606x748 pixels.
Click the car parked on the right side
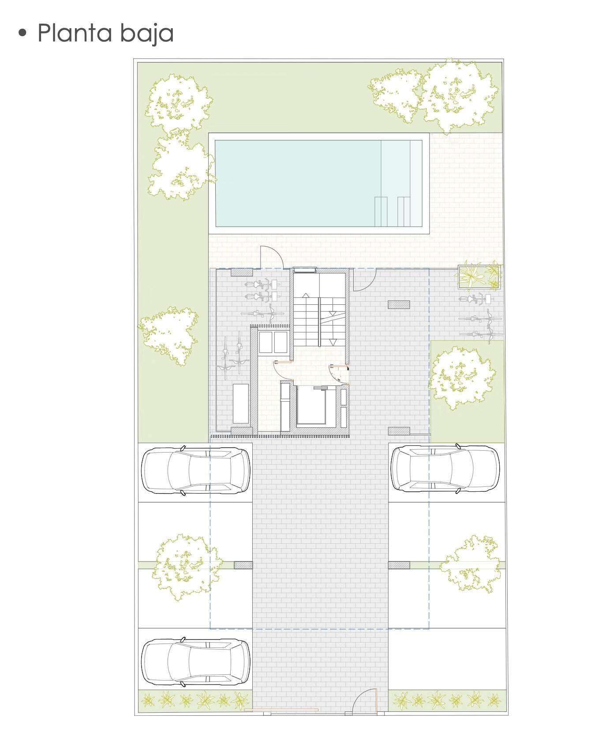[x=445, y=468]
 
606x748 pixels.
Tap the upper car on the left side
[x=195, y=470]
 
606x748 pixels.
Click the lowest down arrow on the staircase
[x=333, y=341]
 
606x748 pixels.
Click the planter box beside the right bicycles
[x=479, y=277]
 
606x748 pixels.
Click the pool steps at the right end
[x=393, y=211]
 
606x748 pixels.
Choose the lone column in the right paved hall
[x=399, y=304]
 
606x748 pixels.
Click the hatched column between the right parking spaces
[x=399, y=565]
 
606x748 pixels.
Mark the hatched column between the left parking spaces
[x=243, y=565]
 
